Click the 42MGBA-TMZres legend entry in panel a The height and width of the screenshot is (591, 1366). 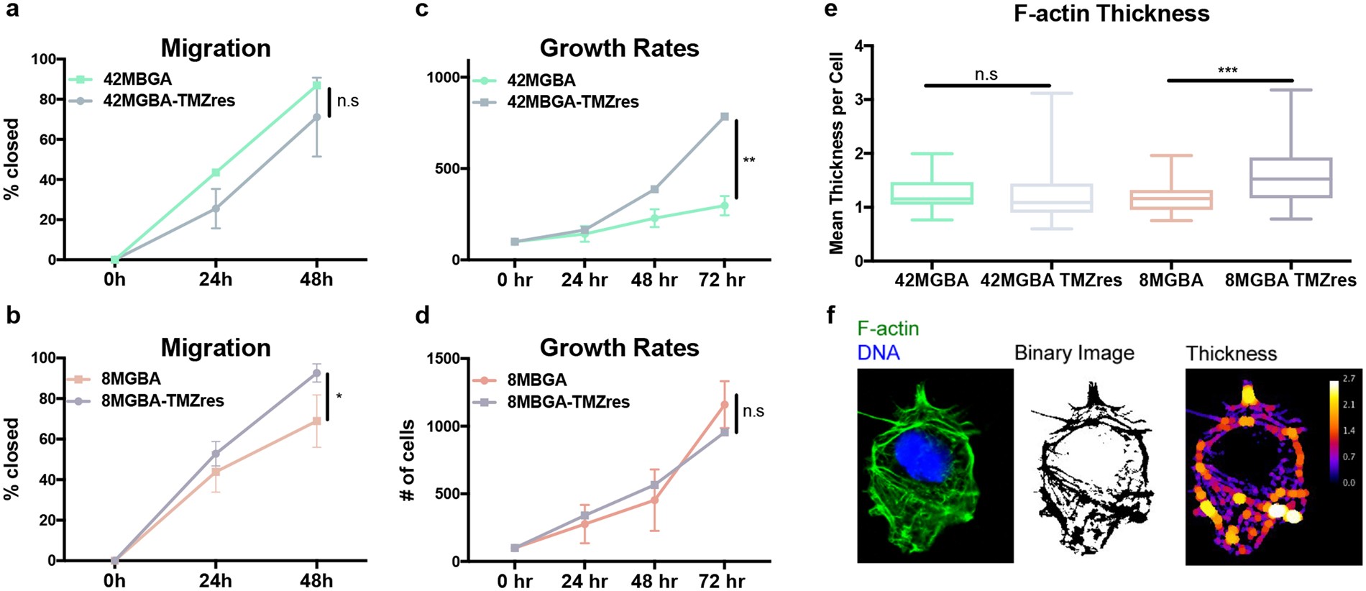[x=168, y=101]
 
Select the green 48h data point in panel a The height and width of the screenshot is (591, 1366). [x=316, y=86]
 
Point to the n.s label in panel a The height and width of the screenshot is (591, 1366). [x=347, y=101]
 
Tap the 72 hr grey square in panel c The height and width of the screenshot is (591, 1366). [x=724, y=116]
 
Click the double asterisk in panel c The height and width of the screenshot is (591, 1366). [x=748, y=160]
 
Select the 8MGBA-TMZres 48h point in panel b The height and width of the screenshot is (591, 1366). [x=316, y=373]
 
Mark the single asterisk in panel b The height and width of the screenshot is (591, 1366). [x=339, y=396]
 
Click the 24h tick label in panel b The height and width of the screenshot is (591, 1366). [x=215, y=580]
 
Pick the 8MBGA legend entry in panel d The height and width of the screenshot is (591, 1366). [x=536, y=380]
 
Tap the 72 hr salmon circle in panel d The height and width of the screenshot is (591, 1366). [x=724, y=405]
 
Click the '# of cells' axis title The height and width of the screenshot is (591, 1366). [x=408, y=460]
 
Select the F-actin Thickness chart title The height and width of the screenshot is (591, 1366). [x=1111, y=14]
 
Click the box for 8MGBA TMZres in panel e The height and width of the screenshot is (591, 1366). [x=1291, y=178]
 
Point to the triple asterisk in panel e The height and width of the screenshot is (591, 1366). [x=1227, y=70]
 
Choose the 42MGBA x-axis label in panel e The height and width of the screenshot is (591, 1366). [x=931, y=280]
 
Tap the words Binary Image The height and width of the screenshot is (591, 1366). [x=1073, y=353]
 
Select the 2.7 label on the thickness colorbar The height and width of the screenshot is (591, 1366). [x=1348, y=379]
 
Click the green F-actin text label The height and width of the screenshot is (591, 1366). [x=888, y=329]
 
